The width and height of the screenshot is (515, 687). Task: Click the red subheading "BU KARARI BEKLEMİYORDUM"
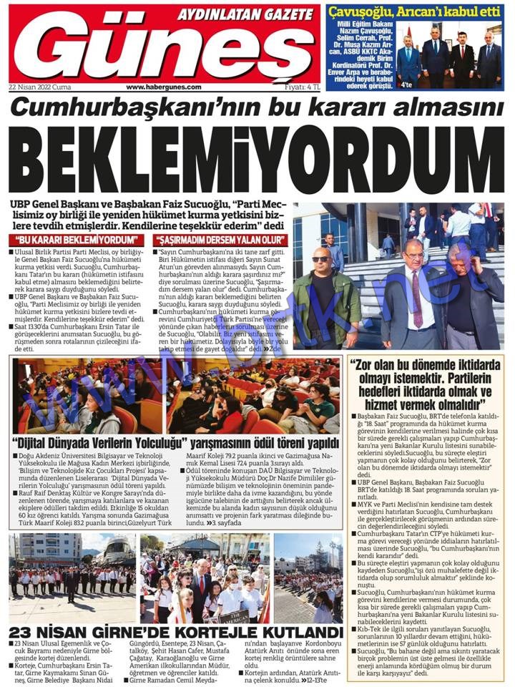pos(75,239)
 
